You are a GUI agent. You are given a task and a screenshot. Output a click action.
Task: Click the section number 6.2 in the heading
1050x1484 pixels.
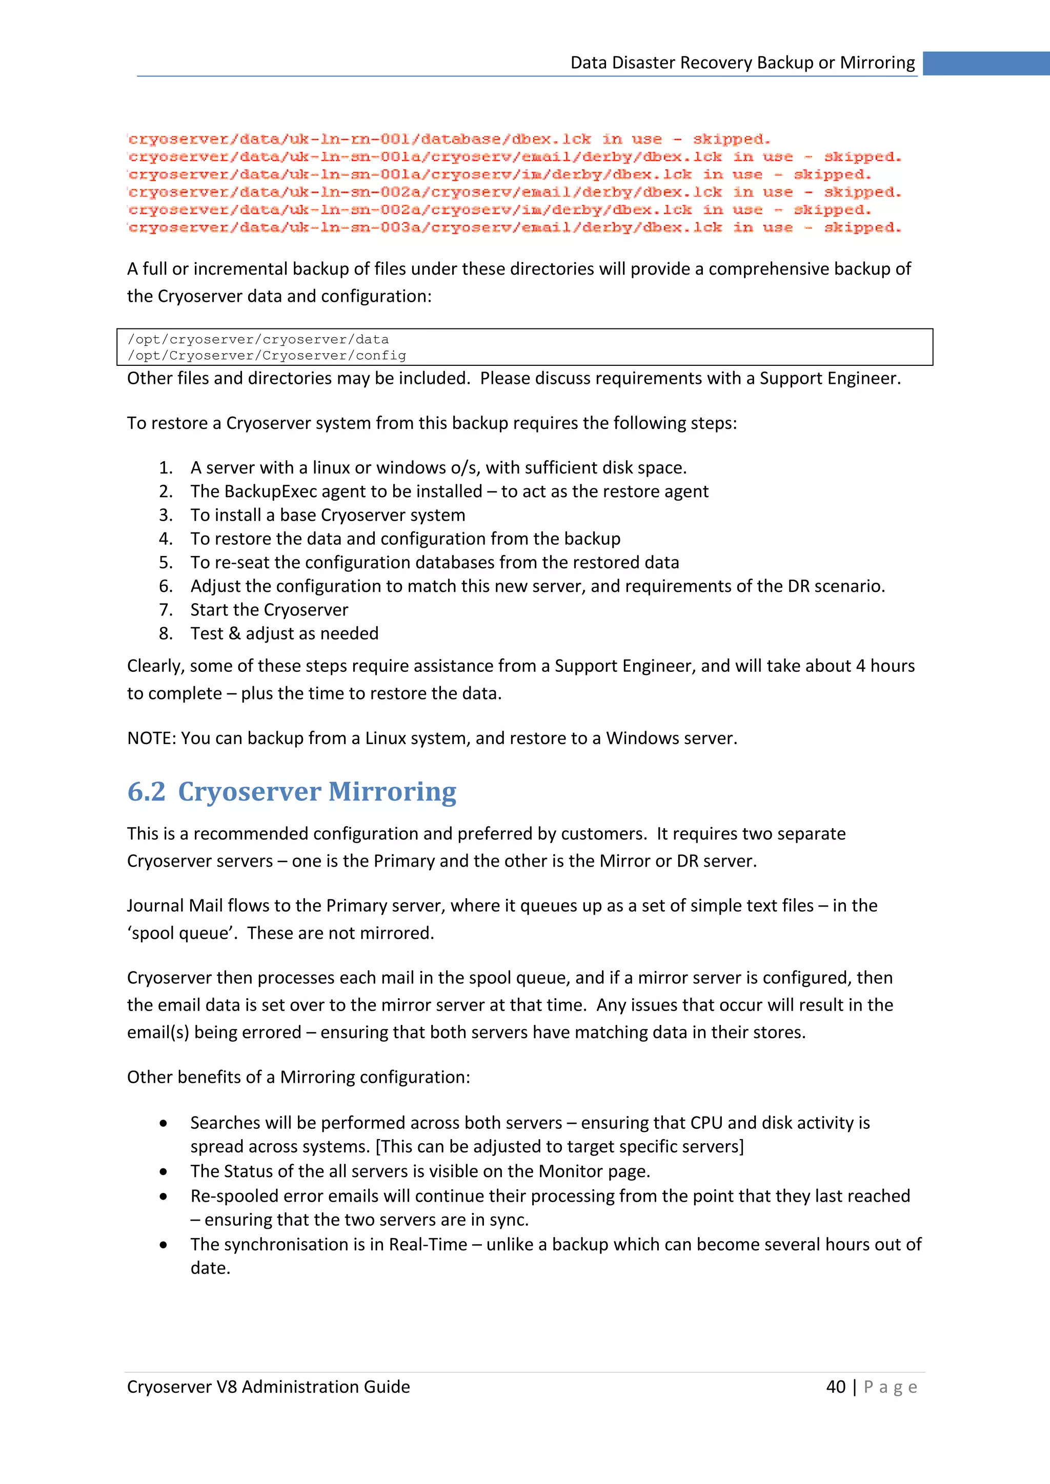tap(146, 791)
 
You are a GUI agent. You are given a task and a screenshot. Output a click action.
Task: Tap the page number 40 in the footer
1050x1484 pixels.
tap(835, 1387)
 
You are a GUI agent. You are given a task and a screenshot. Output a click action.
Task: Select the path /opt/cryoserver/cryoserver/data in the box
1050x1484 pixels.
tap(258, 339)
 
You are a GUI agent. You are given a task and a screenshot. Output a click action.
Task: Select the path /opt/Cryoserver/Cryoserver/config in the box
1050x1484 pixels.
tap(267, 356)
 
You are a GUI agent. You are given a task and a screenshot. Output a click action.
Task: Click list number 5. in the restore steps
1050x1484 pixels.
tap(166, 562)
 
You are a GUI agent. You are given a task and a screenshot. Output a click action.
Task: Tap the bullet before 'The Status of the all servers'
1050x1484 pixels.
tap(164, 1171)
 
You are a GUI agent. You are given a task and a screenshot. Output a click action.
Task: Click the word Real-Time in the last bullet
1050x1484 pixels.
tap(428, 1244)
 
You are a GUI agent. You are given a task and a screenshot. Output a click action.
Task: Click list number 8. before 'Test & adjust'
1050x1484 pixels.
tap(166, 633)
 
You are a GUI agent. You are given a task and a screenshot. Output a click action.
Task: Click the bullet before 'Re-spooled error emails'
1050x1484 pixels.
tap(164, 1197)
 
